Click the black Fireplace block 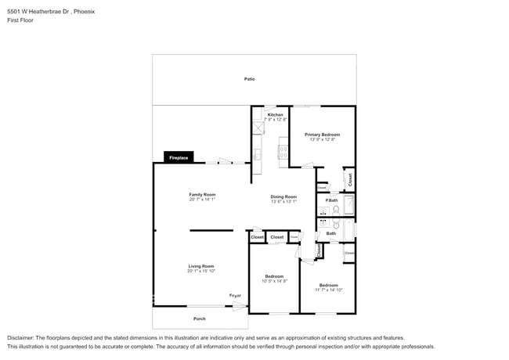coord(179,158)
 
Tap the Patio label coord(249,79)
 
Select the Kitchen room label coord(276,115)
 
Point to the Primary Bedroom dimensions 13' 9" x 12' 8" coord(322,139)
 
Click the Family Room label coord(202,194)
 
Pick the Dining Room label coord(283,196)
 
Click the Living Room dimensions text coord(201,271)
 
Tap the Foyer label coord(235,296)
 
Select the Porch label coord(200,319)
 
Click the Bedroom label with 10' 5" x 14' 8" coord(274,276)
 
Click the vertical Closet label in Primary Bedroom coord(349,179)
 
